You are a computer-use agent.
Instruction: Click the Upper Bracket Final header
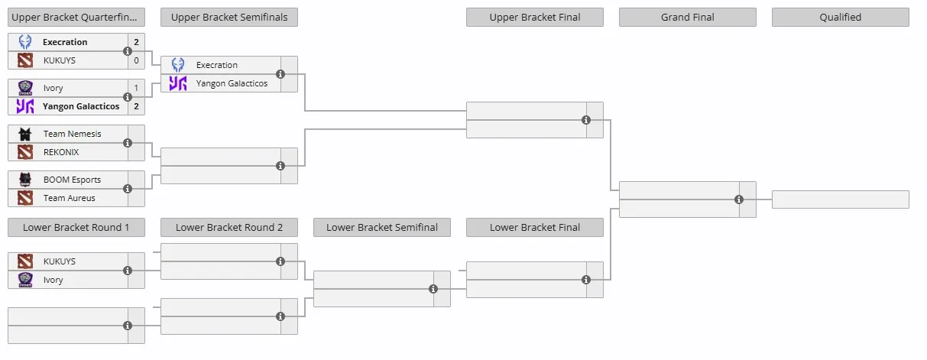(535, 18)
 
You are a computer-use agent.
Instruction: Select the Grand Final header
(687, 18)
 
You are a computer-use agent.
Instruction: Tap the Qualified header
(840, 18)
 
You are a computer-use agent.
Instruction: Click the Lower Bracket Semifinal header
(382, 228)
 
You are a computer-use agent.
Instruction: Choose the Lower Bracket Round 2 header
(229, 228)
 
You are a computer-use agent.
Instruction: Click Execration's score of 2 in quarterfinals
(136, 42)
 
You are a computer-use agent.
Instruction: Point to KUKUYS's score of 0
(136, 60)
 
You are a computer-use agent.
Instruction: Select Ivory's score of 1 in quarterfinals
(136, 88)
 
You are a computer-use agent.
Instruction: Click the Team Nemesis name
(73, 134)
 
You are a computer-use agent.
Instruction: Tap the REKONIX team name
(61, 152)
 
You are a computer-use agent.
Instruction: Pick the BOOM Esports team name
(72, 180)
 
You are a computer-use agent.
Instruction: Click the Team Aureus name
(69, 198)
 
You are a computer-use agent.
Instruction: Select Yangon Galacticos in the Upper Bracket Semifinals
(232, 83)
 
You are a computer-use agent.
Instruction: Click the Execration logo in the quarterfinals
(25, 42)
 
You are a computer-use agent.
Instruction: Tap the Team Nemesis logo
(25, 134)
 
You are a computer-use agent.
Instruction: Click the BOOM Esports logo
(25, 180)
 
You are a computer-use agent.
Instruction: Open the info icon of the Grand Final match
(739, 199)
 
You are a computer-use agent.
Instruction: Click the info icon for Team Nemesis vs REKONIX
(128, 143)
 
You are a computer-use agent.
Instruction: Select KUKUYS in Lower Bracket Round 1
(59, 261)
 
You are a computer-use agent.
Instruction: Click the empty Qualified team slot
(840, 199)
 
